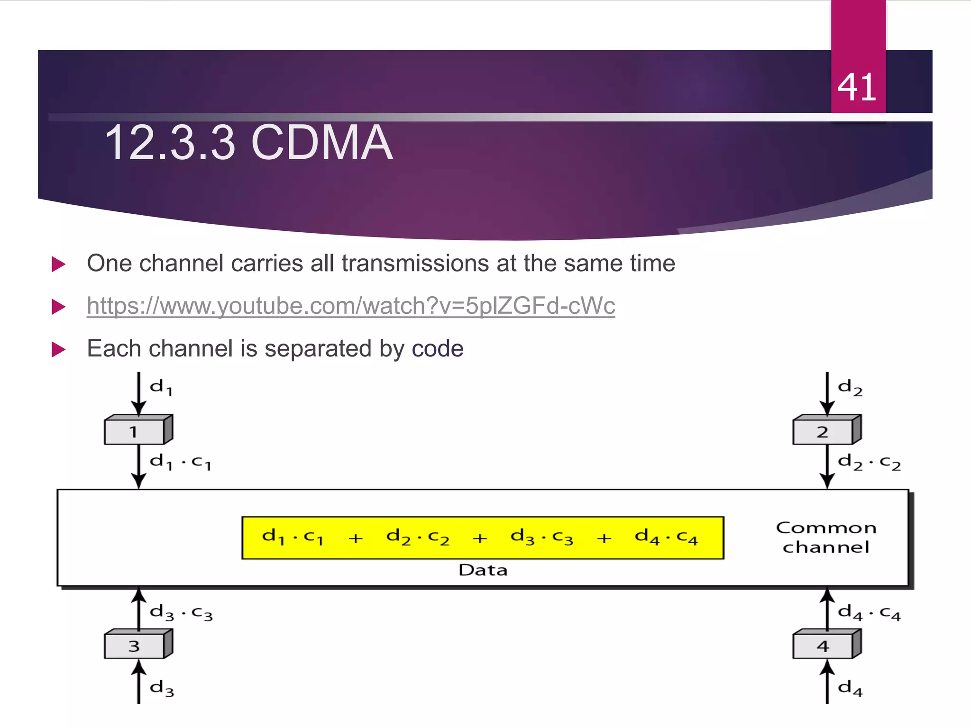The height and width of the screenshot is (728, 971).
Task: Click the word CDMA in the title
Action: click(322, 143)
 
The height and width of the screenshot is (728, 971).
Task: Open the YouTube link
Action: click(351, 306)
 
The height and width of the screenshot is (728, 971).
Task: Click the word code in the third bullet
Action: click(437, 349)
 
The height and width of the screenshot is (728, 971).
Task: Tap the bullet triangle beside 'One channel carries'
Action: click(58, 264)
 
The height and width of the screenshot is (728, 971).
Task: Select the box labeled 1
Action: click(135, 432)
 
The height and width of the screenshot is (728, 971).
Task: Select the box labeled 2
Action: click(823, 432)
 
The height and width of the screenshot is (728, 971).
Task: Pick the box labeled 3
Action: click(135, 646)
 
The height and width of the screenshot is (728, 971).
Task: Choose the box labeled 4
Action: click(823, 646)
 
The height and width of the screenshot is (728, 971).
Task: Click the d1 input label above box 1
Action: click(161, 387)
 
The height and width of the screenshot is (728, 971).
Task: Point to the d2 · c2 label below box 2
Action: click(869, 462)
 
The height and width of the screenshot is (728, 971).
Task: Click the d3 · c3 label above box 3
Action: click(181, 613)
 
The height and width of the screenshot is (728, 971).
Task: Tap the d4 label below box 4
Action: click(850, 688)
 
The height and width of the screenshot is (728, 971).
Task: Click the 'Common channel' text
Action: click(826, 537)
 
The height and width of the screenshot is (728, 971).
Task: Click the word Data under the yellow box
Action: click(483, 570)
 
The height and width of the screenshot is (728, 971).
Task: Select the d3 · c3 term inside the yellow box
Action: click(541, 537)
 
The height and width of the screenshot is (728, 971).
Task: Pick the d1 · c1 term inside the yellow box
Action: click(293, 537)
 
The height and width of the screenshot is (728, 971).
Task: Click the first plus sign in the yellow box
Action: click(356, 538)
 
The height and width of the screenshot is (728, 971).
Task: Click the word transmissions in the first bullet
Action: click(414, 264)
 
